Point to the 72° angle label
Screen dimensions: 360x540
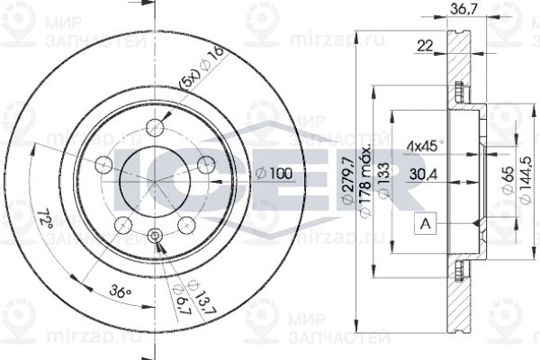point(43,220)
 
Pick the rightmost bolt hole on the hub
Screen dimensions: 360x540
point(206,163)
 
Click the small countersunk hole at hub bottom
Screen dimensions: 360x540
point(155,237)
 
